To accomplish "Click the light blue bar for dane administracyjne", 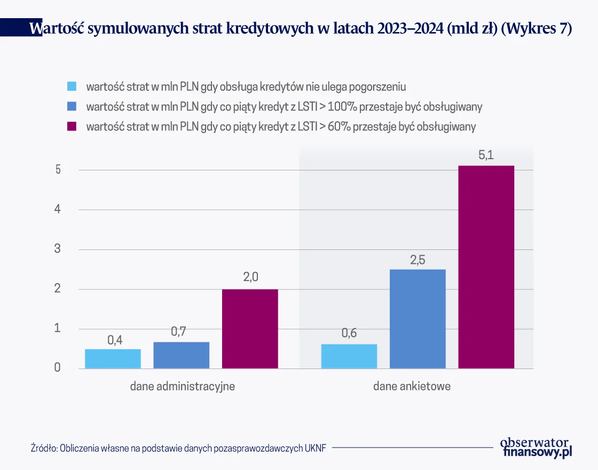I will pyautogui.click(x=113, y=358).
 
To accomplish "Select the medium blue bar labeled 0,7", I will pyautogui.click(x=182, y=355).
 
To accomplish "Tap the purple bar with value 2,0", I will pyautogui.click(x=250, y=328).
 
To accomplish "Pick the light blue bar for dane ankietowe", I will pyautogui.click(x=349, y=356).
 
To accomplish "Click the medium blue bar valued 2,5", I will pyautogui.click(x=418, y=319).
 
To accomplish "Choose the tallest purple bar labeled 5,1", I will pyautogui.click(x=486, y=267).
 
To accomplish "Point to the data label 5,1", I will pyautogui.click(x=486, y=155).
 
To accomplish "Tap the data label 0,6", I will pyautogui.click(x=349, y=334).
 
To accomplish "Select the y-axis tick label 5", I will pyautogui.click(x=57, y=170).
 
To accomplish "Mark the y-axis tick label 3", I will pyautogui.click(x=57, y=249).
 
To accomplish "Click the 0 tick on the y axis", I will pyautogui.click(x=57, y=368).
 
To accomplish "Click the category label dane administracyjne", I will pyautogui.click(x=182, y=386).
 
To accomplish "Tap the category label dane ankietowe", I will pyautogui.click(x=412, y=386).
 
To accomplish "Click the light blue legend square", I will pyautogui.click(x=72, y=86).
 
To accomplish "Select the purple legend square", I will pyautogui.click(x=72, y=127).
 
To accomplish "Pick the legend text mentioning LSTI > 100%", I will pyautogui.click(x=284, y=106).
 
